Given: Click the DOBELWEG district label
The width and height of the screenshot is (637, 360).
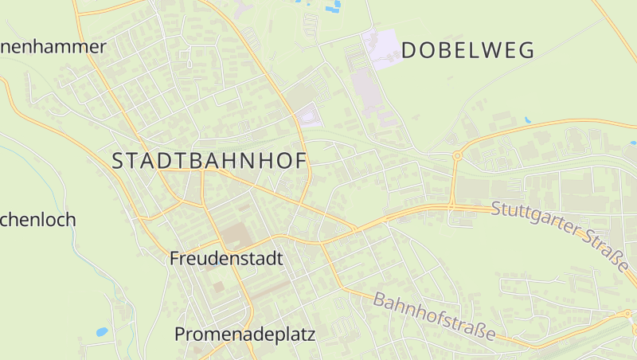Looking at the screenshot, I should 467,51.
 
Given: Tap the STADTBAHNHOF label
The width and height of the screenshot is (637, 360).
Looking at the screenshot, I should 209,161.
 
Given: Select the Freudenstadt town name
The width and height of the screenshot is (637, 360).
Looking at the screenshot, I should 227,259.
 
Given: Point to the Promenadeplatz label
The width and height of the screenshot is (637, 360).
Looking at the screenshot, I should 244,335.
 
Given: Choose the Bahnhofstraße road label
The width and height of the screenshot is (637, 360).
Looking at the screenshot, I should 434,316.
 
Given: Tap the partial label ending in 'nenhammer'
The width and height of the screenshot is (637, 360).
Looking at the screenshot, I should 53,47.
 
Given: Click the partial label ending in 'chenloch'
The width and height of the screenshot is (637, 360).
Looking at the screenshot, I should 37,220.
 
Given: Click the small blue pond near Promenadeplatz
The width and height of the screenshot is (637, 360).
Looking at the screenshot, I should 101,331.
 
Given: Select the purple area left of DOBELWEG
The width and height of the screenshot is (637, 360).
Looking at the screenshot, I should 381,48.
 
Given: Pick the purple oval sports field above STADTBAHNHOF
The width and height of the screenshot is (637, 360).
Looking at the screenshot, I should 308,118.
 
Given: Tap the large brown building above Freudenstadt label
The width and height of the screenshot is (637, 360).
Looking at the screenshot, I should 234,235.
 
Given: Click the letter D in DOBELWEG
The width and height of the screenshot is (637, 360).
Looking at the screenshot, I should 409,51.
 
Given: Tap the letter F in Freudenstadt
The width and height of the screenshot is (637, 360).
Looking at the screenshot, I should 175,259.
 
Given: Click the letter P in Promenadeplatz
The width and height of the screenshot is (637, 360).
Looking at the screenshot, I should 180,335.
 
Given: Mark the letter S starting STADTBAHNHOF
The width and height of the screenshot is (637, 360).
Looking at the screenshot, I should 118,161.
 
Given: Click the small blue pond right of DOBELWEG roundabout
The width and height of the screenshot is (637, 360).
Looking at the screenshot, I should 527,120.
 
